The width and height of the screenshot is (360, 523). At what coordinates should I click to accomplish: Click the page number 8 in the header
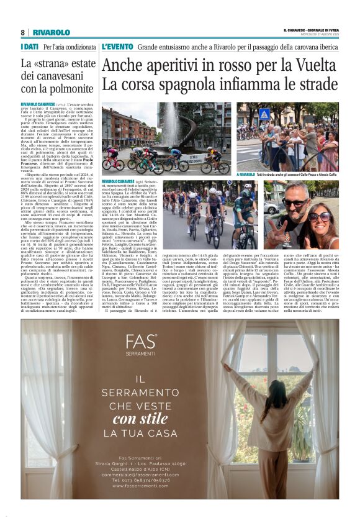click(22, 32)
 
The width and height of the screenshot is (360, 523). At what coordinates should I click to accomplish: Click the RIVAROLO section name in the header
click(52, 32)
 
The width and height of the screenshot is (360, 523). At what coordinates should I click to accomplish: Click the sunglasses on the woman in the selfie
click(321, 217)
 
